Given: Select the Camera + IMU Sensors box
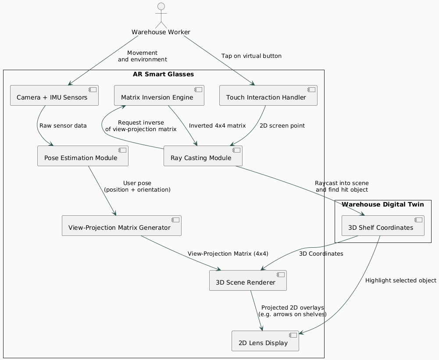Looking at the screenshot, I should (x=54, y=95).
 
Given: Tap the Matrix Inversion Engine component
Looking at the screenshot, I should (x=159, y=95).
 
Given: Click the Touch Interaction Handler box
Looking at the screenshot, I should (x=268, y=95).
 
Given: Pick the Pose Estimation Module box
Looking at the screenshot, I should (x=83, y=156).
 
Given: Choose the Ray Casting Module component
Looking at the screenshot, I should (x=203, y=156).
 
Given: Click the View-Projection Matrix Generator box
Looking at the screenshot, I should (x=121, y=225).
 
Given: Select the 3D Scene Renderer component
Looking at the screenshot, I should (x=248, y=280).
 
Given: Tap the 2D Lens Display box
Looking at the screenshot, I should (x=265, y=341).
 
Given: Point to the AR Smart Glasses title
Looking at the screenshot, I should (x=163, y=74).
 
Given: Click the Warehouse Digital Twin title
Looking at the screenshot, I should (x=383, y=204).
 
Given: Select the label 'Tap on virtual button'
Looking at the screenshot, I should (x=251, y=56).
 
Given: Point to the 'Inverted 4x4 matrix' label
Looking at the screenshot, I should (x=217, y=126).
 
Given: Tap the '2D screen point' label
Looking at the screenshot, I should (x=282, y=126).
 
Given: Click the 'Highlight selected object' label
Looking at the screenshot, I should (x=400, y=280).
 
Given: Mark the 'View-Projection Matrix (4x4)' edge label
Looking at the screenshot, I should (x=228, y=254).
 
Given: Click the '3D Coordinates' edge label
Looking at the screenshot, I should (x=321, y=254).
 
